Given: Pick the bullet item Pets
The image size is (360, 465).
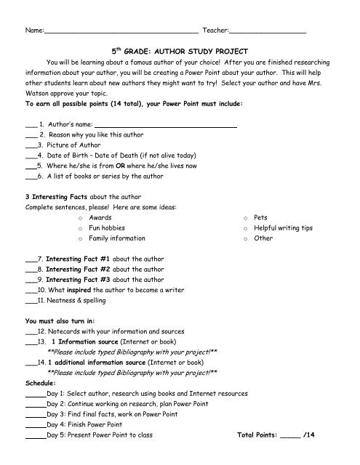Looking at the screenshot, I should pos(261,217).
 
